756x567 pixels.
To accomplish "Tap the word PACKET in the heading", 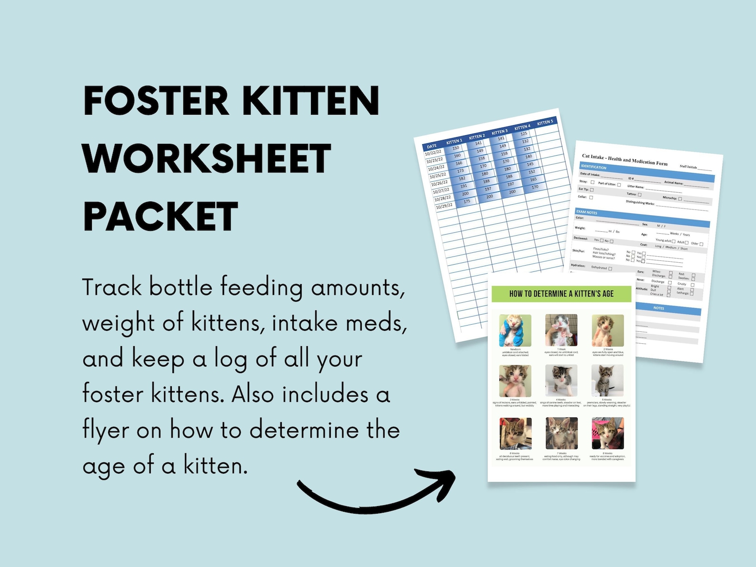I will (x=160, y=217).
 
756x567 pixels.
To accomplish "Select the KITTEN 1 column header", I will (x=454, y=141).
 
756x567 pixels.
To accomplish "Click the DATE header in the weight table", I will (x=431, y=146).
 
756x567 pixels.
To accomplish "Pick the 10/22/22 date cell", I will (x=433, y=153).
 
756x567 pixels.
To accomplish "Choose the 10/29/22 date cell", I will (x=444, y=206).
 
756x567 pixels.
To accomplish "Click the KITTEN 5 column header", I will (x=545, y=123).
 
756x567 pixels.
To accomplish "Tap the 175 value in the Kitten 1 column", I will (x=467, y=201).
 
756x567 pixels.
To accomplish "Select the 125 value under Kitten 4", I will (x=524, y=134).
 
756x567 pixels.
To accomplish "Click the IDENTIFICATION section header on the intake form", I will (x=593, y=167).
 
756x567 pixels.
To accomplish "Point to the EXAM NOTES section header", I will (x=587, y=212).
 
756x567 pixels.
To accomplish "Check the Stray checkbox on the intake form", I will (x=593, y=182).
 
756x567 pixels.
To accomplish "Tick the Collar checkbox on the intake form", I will (x=591, y=197).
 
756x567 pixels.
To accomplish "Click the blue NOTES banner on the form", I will (x=659, y=308).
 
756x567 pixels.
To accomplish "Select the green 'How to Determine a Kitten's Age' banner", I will (x=561, y=294).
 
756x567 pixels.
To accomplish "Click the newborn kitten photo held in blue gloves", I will (x=515, y=330).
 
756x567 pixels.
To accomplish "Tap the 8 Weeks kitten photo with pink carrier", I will (x=607, y=433).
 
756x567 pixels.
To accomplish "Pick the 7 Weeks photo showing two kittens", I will (x=561, y=433).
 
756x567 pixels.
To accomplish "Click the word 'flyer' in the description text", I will (x=106, y=430).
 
